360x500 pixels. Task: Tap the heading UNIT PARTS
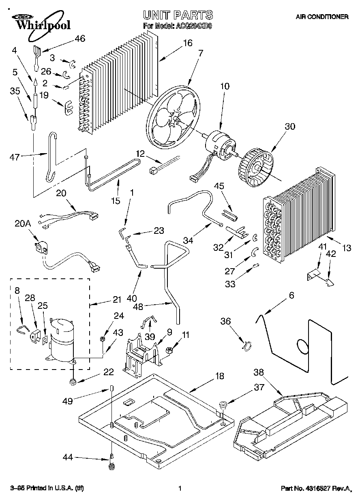point(178,15)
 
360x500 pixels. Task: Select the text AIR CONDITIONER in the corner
point(322,17)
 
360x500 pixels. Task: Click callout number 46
point(80,39)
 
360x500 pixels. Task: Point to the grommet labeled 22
point(73,381)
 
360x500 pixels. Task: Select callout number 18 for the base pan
point(219,376)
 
